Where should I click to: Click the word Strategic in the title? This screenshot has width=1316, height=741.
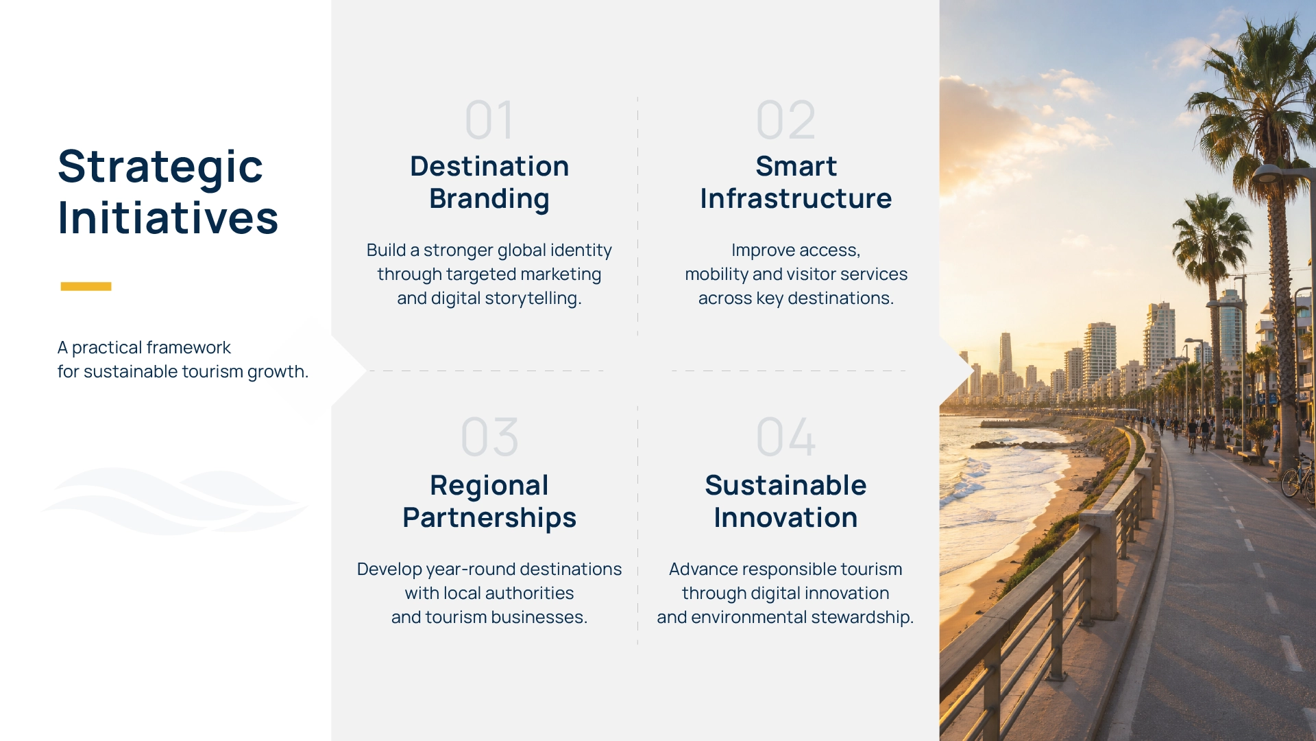point(160,167)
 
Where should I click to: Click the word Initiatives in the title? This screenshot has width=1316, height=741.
point(168,217)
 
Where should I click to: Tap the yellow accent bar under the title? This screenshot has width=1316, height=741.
point(86,286)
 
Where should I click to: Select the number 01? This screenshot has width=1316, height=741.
point(489,120)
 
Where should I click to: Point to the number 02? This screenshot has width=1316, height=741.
point(785,120)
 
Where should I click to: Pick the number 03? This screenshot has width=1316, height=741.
point(489,437)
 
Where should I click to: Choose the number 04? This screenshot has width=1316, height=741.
point(785,437)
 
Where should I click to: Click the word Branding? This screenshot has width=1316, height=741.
point(489,199)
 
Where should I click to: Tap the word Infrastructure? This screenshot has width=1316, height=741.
point(796,198)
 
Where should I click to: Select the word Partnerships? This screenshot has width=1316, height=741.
point(489,518)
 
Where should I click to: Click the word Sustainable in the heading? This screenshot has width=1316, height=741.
point(785,485)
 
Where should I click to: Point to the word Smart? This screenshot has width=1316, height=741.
point(796,166)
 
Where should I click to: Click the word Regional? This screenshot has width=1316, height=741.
point(489,486)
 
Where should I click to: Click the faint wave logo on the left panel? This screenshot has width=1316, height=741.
point(175,501)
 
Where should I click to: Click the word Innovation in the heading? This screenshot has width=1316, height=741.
point(785,517)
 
